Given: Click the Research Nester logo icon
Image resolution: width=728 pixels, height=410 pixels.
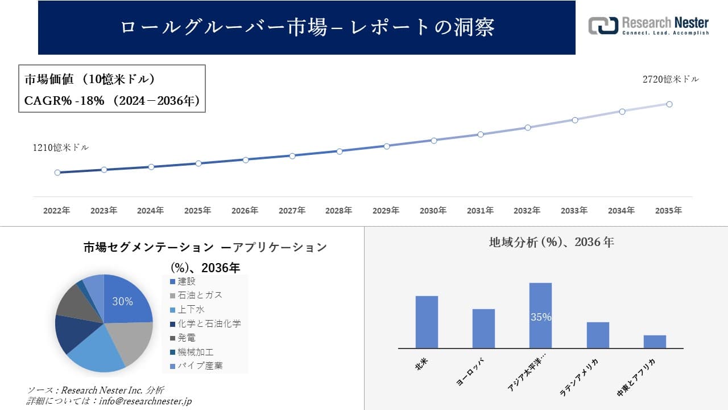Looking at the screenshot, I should [x=603, y=26].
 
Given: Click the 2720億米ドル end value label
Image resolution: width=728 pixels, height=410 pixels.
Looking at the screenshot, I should [x=671, y=80].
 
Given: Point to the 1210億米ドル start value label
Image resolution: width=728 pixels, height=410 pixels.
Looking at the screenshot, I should [x=60, y=147].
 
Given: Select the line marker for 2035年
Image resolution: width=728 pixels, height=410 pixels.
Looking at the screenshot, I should [x=669, y=104].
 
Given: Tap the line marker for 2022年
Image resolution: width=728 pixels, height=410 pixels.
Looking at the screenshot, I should [x=57, y=173].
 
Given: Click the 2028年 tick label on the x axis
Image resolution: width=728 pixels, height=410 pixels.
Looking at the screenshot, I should [x=339, y=211].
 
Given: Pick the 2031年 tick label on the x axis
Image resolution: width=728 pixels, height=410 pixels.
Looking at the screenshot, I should [x=480, y=211].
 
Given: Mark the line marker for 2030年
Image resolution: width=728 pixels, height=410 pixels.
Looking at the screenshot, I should [x=433, y=140].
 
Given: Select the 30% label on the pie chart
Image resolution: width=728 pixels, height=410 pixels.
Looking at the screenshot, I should [x=122, y=302].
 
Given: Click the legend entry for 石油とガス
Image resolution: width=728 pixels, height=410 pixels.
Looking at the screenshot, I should [x=199, y=295].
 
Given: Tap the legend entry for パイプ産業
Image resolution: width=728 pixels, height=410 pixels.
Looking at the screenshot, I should [x=199, y=366].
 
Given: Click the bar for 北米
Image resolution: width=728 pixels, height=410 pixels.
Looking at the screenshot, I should [x=427, y=322].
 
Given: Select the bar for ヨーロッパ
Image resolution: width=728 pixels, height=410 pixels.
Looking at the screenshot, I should [x=483, y=329].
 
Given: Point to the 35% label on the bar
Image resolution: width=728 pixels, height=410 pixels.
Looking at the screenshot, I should [x=540, y=317].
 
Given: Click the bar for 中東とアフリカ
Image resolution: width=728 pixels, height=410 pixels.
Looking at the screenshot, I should [x=655, y=342].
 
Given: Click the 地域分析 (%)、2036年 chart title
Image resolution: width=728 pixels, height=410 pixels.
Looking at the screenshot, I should [x=551, y=242].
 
